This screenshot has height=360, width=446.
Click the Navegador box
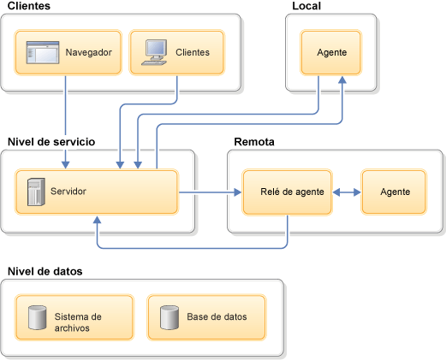[x=68, y=52]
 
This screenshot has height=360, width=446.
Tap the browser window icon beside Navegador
[x=43, y=52]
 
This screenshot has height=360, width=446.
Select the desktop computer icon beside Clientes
[x=154, y=52]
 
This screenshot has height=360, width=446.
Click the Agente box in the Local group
[x=331, y=52]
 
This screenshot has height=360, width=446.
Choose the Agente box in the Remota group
[x=394, y=192]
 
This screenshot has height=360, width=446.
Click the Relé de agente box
[x=288, y=192]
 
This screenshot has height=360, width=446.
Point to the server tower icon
[x=36, y=192]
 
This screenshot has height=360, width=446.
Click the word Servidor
[x=68, y=192]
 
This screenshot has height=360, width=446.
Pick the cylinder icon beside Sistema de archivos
[x=38, y=317]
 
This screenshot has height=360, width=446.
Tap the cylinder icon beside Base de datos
[x=169, y=317]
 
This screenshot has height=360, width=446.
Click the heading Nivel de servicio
[x=51, y=142]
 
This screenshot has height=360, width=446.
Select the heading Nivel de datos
[x=45, y=271]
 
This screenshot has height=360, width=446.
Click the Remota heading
[x=254, y=142]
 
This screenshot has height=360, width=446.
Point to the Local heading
[x=306, y=6]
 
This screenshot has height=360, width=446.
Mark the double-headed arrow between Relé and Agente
[x=347, y=192]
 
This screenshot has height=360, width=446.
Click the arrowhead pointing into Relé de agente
[x=238, y=192]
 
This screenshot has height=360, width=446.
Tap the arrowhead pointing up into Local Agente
[x=342, y=80]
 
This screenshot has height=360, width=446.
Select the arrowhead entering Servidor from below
[x=98, y=220]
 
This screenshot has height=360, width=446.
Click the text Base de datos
[x=217, y=317]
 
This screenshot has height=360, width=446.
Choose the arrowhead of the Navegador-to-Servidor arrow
[x=66, y=165]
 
